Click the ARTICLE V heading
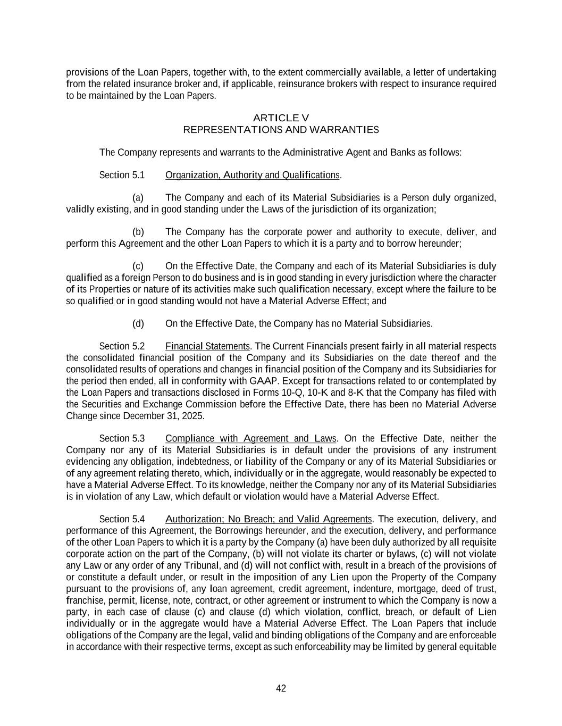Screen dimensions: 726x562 click(281, 118)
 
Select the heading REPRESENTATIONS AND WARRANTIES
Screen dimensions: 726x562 click(281, 130)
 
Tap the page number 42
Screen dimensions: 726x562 click(281, 689)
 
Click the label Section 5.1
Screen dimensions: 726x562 click(122, 175)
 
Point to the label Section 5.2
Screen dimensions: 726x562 click(122, 346)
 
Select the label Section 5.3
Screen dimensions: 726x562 click(122, 438)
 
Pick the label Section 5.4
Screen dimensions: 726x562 click(122, 519)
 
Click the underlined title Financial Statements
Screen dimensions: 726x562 click(207, 346)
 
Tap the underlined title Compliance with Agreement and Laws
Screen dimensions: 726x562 click(250, 438)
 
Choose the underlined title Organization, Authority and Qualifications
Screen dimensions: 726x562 click(252, 175)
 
